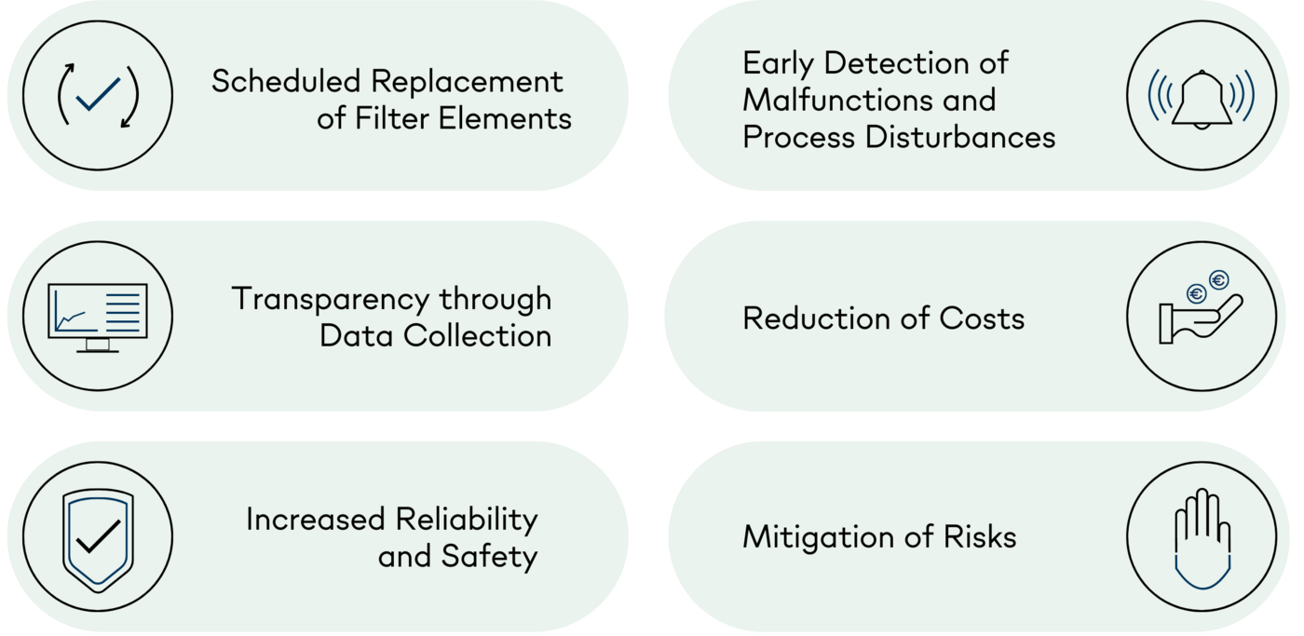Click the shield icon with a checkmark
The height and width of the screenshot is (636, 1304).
tap(98, 537)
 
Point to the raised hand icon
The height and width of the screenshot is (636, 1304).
tap(1202, 537)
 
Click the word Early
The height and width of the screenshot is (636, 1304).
tap(779, 63)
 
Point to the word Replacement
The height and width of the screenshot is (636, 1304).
tap(468, 82)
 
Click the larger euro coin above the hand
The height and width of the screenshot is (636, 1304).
tap(1218, 280)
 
